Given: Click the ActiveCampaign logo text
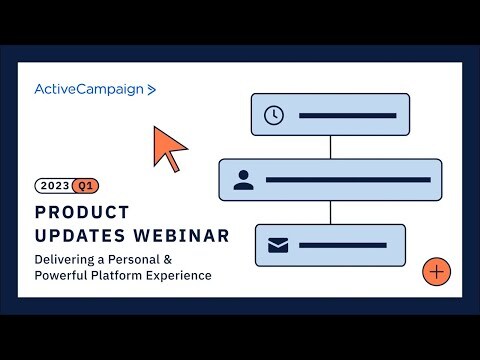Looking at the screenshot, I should click(88, 89).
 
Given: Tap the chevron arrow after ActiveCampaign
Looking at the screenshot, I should click(152, 89).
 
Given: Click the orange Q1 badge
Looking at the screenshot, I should click(86, 185).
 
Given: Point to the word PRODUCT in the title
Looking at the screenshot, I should click(82, 212).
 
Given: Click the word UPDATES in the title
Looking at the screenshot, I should click(81, 235).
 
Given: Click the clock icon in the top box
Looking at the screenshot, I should click(273, 115).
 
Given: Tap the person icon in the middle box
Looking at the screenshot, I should click(242, 180).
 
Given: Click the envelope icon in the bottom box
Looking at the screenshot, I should click(278, 245).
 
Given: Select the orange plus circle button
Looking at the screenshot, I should click(437, 271).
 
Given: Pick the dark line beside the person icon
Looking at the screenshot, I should click(347, 180).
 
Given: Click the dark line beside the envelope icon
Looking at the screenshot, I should click(342, 245).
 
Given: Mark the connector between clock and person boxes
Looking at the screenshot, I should click(330, 147).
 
